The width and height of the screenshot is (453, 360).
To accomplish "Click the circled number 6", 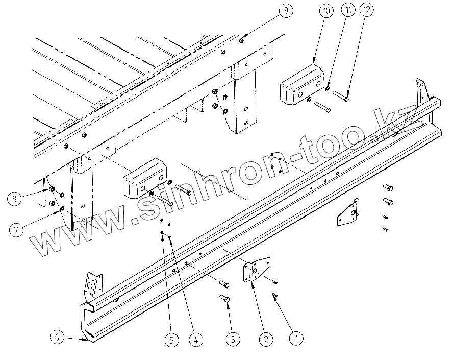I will click(x=57, y=337).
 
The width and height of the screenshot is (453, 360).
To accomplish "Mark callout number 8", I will click(x=16, y=199).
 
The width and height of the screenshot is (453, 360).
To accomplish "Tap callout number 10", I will click(x=326, y=10).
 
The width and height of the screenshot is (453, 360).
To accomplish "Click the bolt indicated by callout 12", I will click(x=340, y=95).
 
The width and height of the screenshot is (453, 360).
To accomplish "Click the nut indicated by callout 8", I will click(x=52, y=190).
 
